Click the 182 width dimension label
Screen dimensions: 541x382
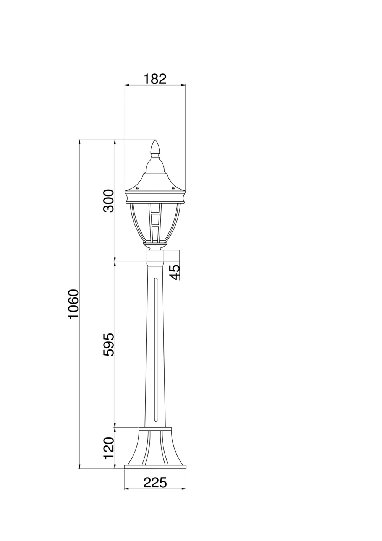155,79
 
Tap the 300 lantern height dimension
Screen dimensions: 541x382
109,200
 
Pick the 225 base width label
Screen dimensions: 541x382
155,483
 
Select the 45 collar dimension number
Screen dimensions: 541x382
174,272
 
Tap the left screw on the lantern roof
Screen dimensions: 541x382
137,188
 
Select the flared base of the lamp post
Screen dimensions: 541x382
155,447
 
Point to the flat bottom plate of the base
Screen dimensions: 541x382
155,467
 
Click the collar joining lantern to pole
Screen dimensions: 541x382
155,258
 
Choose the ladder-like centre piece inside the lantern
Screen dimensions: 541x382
155,224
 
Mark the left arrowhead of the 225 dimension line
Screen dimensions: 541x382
126,488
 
